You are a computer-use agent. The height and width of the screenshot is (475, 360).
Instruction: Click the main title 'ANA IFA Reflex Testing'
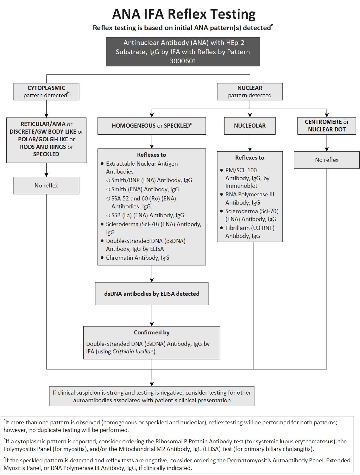(x=184, y=14)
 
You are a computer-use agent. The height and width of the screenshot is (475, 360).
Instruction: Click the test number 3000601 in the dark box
(x=183, y=61)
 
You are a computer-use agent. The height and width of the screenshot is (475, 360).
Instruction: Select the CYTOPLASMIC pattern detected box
(x=46, y=92)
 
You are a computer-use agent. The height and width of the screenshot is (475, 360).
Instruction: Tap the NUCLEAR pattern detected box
(x=249, y=92)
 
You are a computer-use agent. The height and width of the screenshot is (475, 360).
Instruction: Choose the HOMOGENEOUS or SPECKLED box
(x=152, y=126)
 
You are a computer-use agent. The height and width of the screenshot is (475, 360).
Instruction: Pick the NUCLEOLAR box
(x=249, y=126)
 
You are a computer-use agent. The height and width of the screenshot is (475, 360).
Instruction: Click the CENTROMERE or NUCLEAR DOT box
(x=326, y=126)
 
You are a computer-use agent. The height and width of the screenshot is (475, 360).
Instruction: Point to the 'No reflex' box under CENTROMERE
(x=326, y=160)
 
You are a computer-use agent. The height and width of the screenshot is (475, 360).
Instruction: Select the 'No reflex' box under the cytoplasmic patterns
(x=46, y=186)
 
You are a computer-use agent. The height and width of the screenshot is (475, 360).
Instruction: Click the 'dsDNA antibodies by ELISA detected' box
(x=152, y=294)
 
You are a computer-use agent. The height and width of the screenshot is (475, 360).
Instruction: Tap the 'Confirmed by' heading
(x=152, y=332)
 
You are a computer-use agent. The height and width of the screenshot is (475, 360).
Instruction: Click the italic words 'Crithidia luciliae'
(x=133, y=351)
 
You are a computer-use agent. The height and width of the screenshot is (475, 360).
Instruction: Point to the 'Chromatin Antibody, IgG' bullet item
(x=137, y=258)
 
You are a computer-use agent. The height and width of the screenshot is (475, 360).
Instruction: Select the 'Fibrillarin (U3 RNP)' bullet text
(x=250, y=228)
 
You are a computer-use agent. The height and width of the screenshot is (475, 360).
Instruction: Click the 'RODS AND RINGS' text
(x=43, y=147)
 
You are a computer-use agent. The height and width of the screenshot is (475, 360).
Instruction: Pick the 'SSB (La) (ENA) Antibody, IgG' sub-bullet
(x=148, y=215)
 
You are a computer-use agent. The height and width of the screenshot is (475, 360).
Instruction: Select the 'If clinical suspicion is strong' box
(x=152, y=396)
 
